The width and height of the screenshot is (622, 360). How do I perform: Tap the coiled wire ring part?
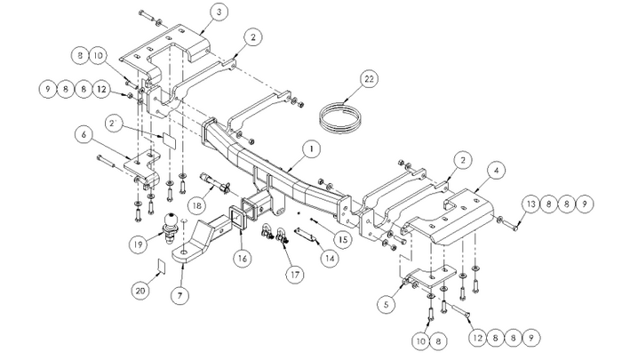342,116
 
